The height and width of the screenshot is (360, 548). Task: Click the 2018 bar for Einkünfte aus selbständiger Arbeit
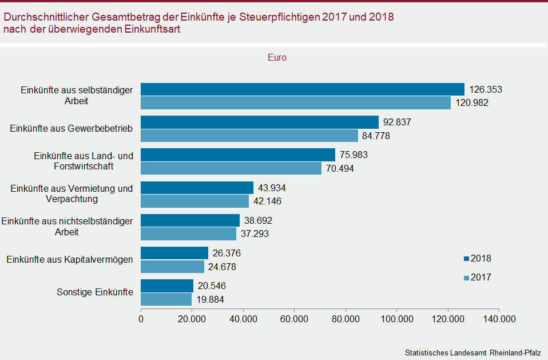[x=303, y=89]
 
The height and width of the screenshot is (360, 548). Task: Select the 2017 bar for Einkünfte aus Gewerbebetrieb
[x=249, y=136]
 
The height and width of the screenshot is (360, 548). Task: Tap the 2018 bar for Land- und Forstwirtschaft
[x=238, y=155]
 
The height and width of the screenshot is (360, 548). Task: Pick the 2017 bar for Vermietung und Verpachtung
[x=194, y=201]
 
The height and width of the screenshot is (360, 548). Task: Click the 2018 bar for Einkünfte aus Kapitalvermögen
[x=174, y=253]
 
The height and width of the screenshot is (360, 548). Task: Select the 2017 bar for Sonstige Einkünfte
[x=166, y=299]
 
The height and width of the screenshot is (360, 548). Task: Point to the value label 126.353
[x=485, y=90]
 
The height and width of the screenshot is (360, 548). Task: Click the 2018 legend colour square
[x=466, y=259]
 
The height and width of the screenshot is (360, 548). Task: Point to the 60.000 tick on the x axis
[x=294, y=319]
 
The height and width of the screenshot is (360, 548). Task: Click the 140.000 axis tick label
[x=498, y=319]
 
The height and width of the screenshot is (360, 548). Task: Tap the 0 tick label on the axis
[x=141, y=319]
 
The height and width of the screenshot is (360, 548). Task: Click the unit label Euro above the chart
[x=277, y=58]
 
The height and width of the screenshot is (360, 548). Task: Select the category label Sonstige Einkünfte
[x=95, y=292]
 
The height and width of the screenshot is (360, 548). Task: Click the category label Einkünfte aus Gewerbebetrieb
[x=72, y=129]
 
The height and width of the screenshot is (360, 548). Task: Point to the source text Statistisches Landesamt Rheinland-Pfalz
[x=472, y=351]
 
